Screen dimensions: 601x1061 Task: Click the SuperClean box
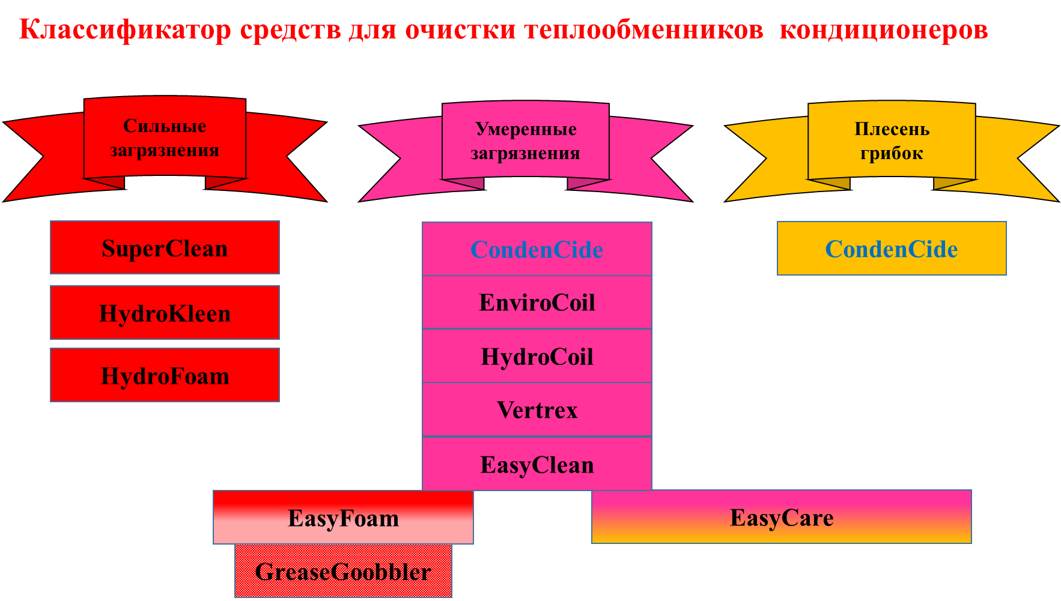click(165, 248)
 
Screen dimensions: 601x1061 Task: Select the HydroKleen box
click(165, 313)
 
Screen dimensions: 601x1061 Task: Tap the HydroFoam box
click(165, 375)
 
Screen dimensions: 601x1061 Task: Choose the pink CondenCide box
click(537, 249)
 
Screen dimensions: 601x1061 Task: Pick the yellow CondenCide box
click(891, 249)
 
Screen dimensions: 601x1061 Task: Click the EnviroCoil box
click(537, 302)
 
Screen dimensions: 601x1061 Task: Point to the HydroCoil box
click(537, 356)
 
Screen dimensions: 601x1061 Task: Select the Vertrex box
click(537, 409)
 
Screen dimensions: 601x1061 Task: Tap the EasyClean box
click(537, 464)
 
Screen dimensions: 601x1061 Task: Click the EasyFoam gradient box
click(343, 518)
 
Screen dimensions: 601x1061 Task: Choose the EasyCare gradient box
click(781, 517)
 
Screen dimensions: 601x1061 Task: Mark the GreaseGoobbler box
click(343, 571)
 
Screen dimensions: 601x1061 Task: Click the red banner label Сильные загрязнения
click(165, 138)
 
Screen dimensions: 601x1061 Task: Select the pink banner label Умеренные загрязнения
click(526, 141)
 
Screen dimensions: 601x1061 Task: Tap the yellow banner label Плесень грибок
click(892, 141)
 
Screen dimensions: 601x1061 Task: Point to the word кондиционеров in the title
click(883, 29)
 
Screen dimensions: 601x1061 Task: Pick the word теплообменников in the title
click(643, 29)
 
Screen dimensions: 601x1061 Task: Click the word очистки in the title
click(460, 29)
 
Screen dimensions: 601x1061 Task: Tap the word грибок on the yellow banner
click(892, 154)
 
